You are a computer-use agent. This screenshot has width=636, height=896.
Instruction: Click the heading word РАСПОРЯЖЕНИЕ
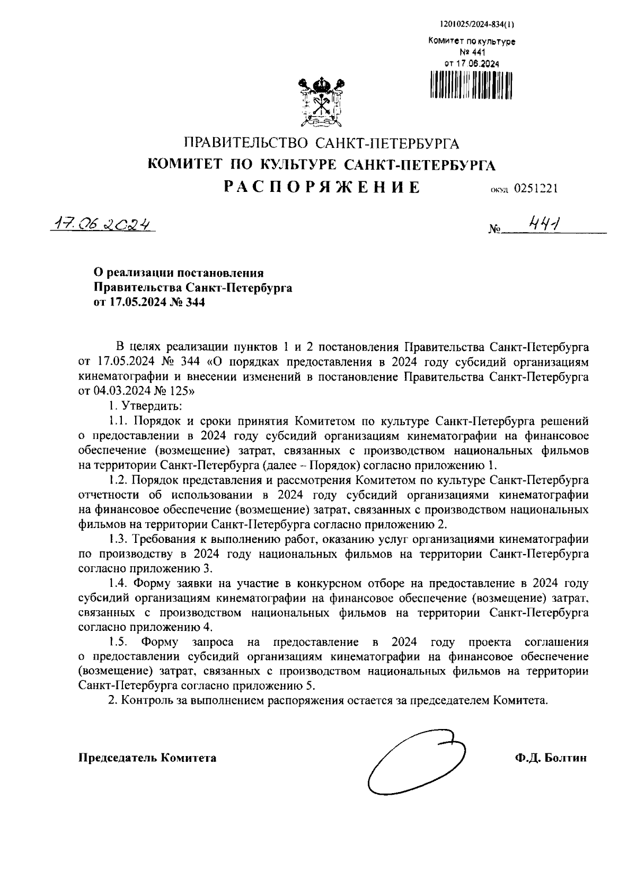click(x=321, y=187)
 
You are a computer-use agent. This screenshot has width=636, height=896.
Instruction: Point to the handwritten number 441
click(x=540, y=226)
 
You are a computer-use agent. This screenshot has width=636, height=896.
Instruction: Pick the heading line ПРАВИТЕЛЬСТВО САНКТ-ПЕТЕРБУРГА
click(x=321, y=143)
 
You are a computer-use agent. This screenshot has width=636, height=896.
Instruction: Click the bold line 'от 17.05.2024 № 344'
click(x=149, y=303)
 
